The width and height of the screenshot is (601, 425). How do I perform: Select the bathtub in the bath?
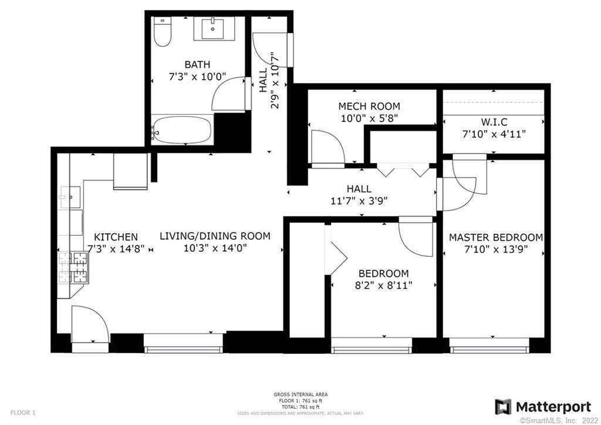(182, 129)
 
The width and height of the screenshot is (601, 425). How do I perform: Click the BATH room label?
(197, 65)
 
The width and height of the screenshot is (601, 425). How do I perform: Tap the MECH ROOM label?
(369, 106)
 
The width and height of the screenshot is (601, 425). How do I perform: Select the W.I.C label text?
(494, 122)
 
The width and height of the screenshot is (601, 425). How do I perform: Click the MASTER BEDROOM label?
(496, 237)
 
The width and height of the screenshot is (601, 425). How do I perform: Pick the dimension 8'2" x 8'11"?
(383, 286)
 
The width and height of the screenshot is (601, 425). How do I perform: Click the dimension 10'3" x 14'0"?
(215, 248)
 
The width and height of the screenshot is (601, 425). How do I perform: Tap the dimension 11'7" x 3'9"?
(359, 200)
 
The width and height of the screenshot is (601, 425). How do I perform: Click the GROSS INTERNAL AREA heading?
(300, 394)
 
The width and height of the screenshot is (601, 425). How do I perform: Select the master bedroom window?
(489, 349)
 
